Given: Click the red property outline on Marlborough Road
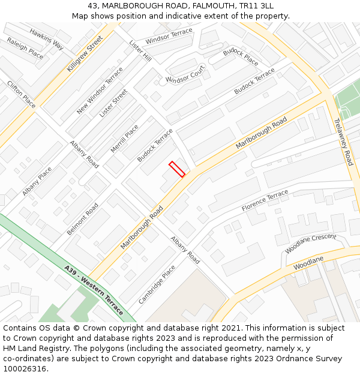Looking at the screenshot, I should click(x=176, y=169).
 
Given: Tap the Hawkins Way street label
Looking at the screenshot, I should click(x=46, y=39).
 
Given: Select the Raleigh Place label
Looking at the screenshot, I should click(x=25, y=48).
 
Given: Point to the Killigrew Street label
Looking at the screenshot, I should click(x=85, y=53).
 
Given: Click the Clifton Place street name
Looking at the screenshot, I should click(x=21, y=94).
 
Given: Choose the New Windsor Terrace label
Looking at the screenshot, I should click(x=100, y=91).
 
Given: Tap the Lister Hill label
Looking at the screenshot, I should click(x=140, y=50).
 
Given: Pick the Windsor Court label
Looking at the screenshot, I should click(x=185, y=76).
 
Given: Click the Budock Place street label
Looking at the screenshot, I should click(x=241, y=57).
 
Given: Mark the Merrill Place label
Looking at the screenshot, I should click(x=124, y=139).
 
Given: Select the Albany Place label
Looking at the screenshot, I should click(x=37, y=181).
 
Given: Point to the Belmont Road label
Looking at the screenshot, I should click(x=83, y=219).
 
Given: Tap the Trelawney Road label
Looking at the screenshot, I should click(x=343, y=142).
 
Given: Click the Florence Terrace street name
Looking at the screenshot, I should click(x=265, y=200).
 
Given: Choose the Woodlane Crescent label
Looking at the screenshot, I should click(x=310, y=242).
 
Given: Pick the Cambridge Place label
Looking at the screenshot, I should click(x=157, y=284).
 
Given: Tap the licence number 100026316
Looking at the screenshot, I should click(x=25, y=368).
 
